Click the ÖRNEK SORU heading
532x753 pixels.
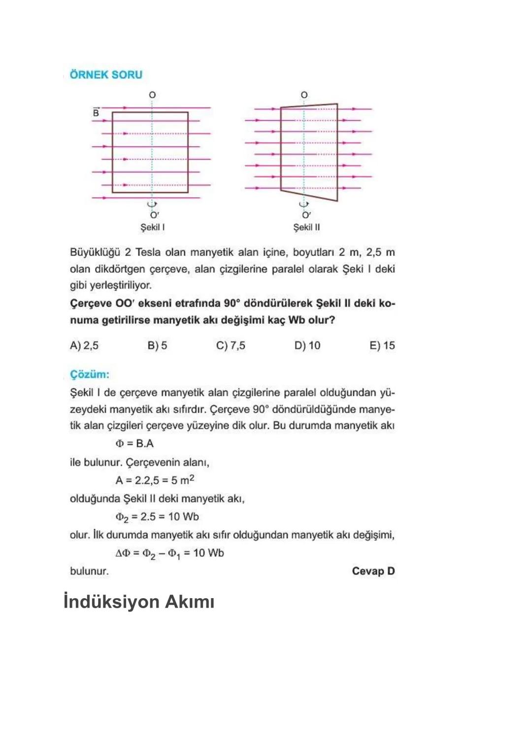point(106,75)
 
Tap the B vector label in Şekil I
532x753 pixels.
point(96,113)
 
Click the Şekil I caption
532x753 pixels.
point(153,227)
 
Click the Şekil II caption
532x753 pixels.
point(306,227)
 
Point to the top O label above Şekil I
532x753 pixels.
point(152,95)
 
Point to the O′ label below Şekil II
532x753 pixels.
point(306,215)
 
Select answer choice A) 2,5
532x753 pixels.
point(84,346)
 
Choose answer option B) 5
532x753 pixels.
point(157,346)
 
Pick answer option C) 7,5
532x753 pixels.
point(231,346)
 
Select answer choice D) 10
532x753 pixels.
point(307,346)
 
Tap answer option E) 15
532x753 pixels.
point(382,346)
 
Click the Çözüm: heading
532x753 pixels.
point(90,374)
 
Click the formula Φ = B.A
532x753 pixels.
point(134,443)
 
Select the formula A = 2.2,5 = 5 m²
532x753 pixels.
point(155,480)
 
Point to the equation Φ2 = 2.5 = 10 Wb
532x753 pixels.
point(157,517)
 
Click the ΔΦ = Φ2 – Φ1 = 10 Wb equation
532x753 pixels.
point(169,553)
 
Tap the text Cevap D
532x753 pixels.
point(373,571)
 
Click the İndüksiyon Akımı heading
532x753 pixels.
point(139,602)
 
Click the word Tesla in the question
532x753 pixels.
point(148,252)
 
